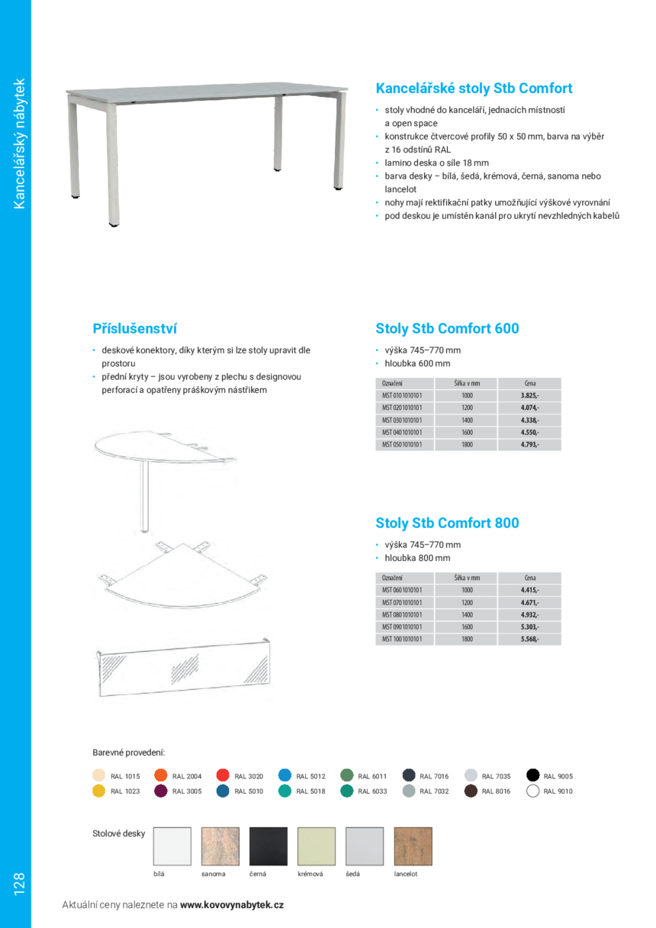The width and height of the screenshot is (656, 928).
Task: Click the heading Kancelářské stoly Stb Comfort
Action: point(474,89)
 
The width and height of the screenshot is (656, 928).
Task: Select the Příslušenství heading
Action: point(134,329)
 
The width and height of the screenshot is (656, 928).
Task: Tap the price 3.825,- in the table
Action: point(529,395)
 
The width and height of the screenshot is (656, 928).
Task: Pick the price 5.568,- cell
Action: point(529,639)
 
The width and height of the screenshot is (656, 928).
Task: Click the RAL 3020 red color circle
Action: point(223,775)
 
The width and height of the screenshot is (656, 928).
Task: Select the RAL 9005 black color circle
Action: point(532,775)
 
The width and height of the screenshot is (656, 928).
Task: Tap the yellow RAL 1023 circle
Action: point(98,791)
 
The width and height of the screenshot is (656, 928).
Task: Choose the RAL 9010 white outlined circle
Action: point(532,791)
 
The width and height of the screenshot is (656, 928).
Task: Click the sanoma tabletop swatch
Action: point(220,846)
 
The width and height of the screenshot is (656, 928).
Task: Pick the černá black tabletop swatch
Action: point(269,846)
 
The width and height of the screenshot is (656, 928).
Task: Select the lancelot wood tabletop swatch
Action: point(413,846)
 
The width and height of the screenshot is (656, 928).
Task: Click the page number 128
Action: point(18,884)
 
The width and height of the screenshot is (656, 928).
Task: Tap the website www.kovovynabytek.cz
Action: point(232,904)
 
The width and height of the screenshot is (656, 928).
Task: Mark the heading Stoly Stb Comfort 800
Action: point(447,524)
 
